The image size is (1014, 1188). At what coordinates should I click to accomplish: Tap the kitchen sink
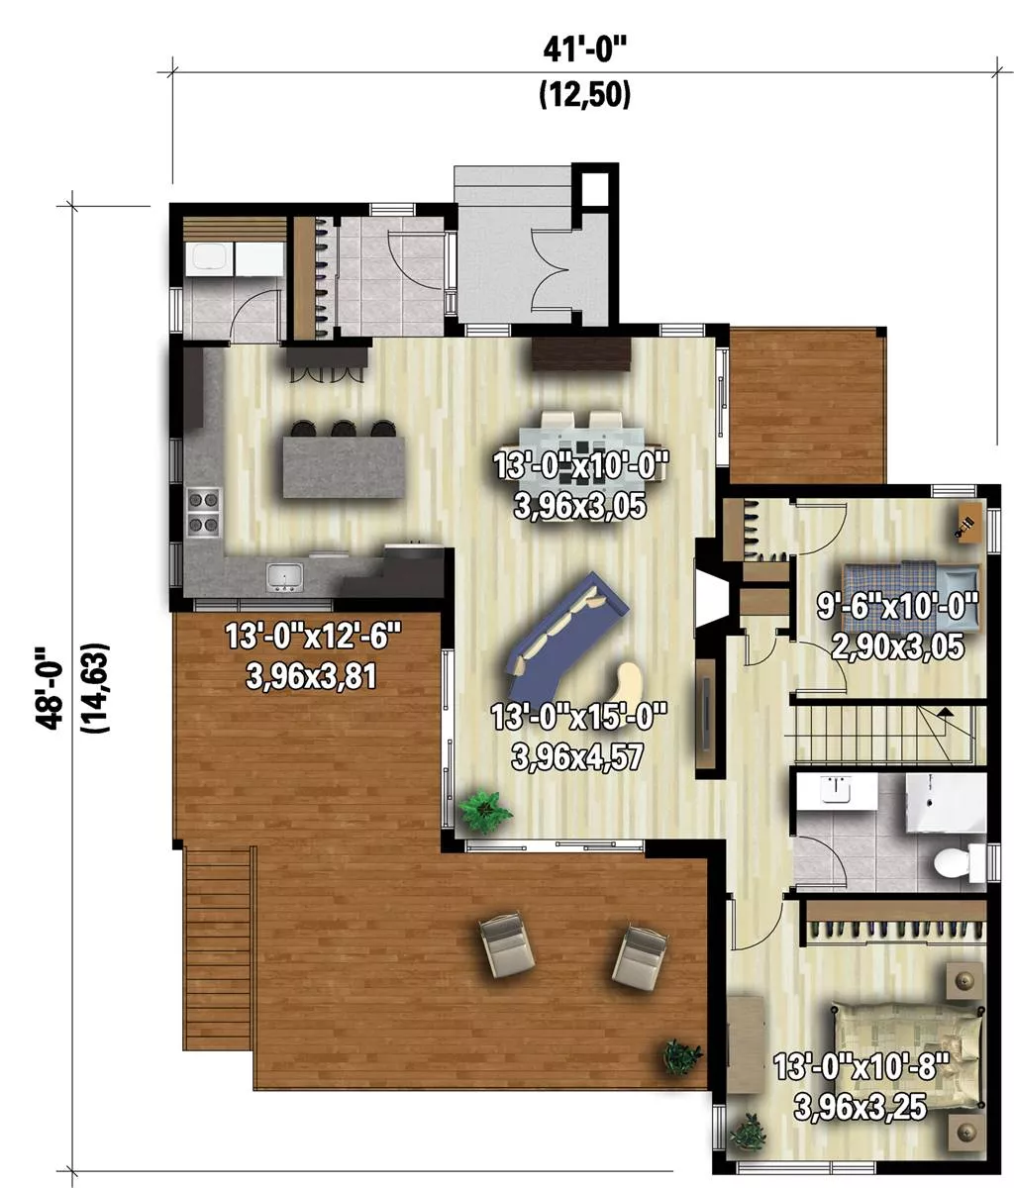[284, 576]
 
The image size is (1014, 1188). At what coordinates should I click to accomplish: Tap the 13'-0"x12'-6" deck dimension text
[313, 636]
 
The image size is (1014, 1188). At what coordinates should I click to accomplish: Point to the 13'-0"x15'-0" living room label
[578, 718]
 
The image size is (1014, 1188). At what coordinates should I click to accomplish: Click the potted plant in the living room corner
[486, 811]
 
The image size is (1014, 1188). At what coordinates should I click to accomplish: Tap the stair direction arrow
[945, 712]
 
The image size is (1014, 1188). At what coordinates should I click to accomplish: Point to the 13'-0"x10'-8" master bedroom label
[860, 1067]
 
